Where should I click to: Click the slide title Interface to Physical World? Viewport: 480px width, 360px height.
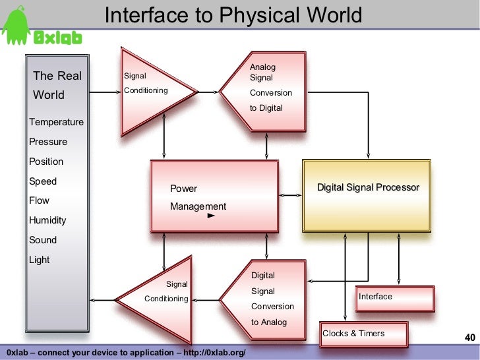234,15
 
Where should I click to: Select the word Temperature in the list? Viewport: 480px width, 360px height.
56,122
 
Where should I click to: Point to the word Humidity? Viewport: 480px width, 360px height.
47,220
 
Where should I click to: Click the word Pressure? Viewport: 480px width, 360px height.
48,142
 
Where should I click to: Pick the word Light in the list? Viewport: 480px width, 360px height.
40,260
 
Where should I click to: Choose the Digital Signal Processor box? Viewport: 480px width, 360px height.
368,195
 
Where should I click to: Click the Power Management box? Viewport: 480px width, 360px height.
214,197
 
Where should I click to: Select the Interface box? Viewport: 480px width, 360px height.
395,298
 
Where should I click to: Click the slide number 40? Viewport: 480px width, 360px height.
470,338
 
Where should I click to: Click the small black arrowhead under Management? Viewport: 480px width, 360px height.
211,216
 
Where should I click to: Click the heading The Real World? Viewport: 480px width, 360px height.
57,85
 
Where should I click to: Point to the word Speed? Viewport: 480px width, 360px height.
43,181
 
